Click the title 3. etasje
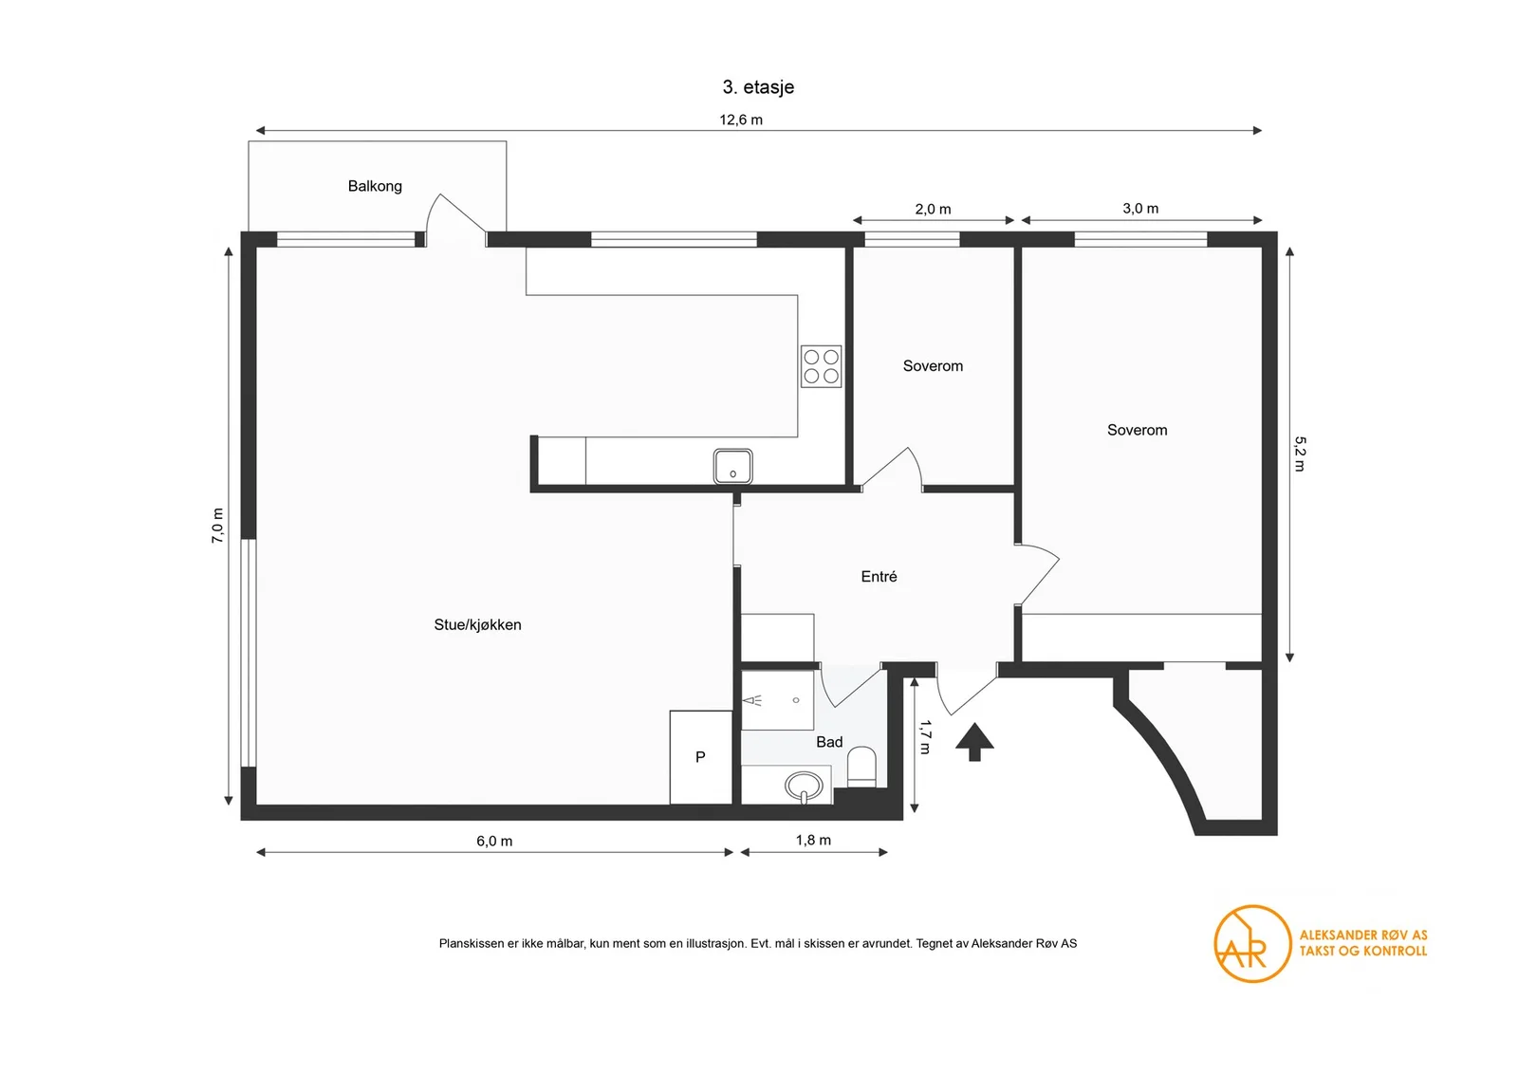[x=758, y=86]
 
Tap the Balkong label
[x=375, y=186]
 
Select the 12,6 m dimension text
[x=741, y=120]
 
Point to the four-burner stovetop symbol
[x=821, y=366]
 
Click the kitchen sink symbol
[x=732, y=466]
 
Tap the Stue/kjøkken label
[x=478, y=624]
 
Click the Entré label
[x=879, y=577]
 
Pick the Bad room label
[x=829, y=742]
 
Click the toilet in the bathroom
[x=862, y=767]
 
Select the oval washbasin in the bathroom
[x=804, y=786]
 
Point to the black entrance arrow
[x=974, y=742]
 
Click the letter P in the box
[x=701, y=757]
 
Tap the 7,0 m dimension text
[x=217, y=526]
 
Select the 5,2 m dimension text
[x=1300, y=454]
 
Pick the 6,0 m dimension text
[x=494, y=841]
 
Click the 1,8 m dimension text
[x=813, y=841]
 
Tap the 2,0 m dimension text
[x=934, y=210]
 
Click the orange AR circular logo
[x=1252, y=944]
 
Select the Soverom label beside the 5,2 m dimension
[x=1138, y=431]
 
